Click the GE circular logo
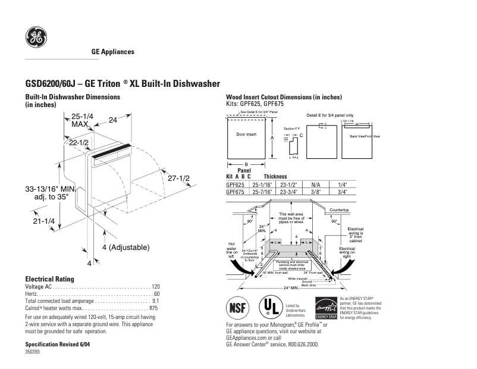(x=36, y=37)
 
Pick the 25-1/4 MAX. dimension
(x=82, y=120)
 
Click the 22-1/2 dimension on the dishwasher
(x=79, y=143)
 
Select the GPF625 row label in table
(x=236, y=185)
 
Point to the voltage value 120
(x=156, y=287)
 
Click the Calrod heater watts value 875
(x=153, y=308)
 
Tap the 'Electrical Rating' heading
(x=49, y=279)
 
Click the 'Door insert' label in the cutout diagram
(x=246, y=135)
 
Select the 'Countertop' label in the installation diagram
(x=339, y=210)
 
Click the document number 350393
(x=33, y=352)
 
